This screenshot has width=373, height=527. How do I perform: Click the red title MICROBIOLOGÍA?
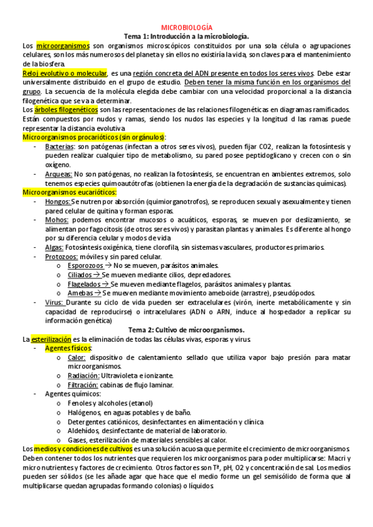pos(187,28)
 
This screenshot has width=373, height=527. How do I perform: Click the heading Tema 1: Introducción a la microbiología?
pos(187,37)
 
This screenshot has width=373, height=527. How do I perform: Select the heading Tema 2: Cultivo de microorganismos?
pos(187,329)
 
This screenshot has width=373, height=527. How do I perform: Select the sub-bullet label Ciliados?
pos(82,275)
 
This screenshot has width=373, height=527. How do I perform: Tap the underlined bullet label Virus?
pos(54,302)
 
